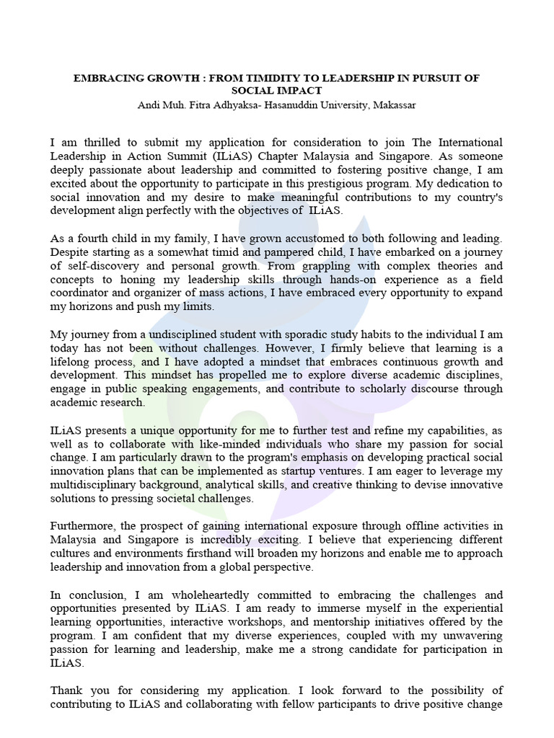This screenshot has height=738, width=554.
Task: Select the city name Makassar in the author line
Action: pyautogui.click(x=393, y=105)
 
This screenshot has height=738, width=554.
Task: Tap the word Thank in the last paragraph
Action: pyautogui.click(x=66, y=690)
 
